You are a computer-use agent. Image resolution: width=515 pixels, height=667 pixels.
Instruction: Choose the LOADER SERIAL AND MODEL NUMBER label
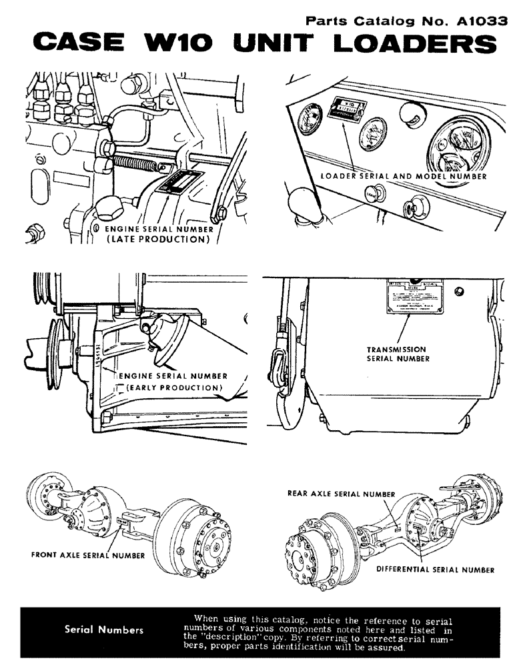point(404,177)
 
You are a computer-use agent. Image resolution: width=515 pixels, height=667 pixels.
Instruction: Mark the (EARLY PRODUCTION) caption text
point(173,388)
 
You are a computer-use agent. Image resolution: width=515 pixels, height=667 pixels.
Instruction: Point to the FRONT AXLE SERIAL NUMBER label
point(87,555)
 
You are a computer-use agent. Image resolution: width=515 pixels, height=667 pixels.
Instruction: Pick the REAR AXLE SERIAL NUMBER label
point(341,494)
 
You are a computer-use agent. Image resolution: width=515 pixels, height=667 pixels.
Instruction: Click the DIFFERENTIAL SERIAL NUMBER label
point(435,570)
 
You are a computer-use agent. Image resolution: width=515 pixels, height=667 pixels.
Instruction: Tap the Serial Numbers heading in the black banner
point(103,629)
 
